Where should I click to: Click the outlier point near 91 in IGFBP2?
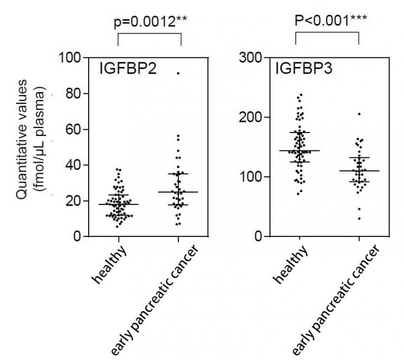coord(178,73)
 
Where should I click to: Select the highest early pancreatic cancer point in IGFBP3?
coord(359,114)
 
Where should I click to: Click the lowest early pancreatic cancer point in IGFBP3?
coord(359,218)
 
